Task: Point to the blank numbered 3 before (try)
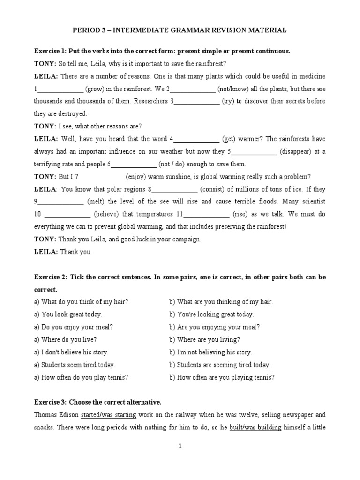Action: [197, 101]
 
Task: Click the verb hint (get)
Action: [229, 139]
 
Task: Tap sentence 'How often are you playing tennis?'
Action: [222, 377]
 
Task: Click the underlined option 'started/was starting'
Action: [109, 415]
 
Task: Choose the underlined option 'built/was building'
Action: [255, 427]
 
